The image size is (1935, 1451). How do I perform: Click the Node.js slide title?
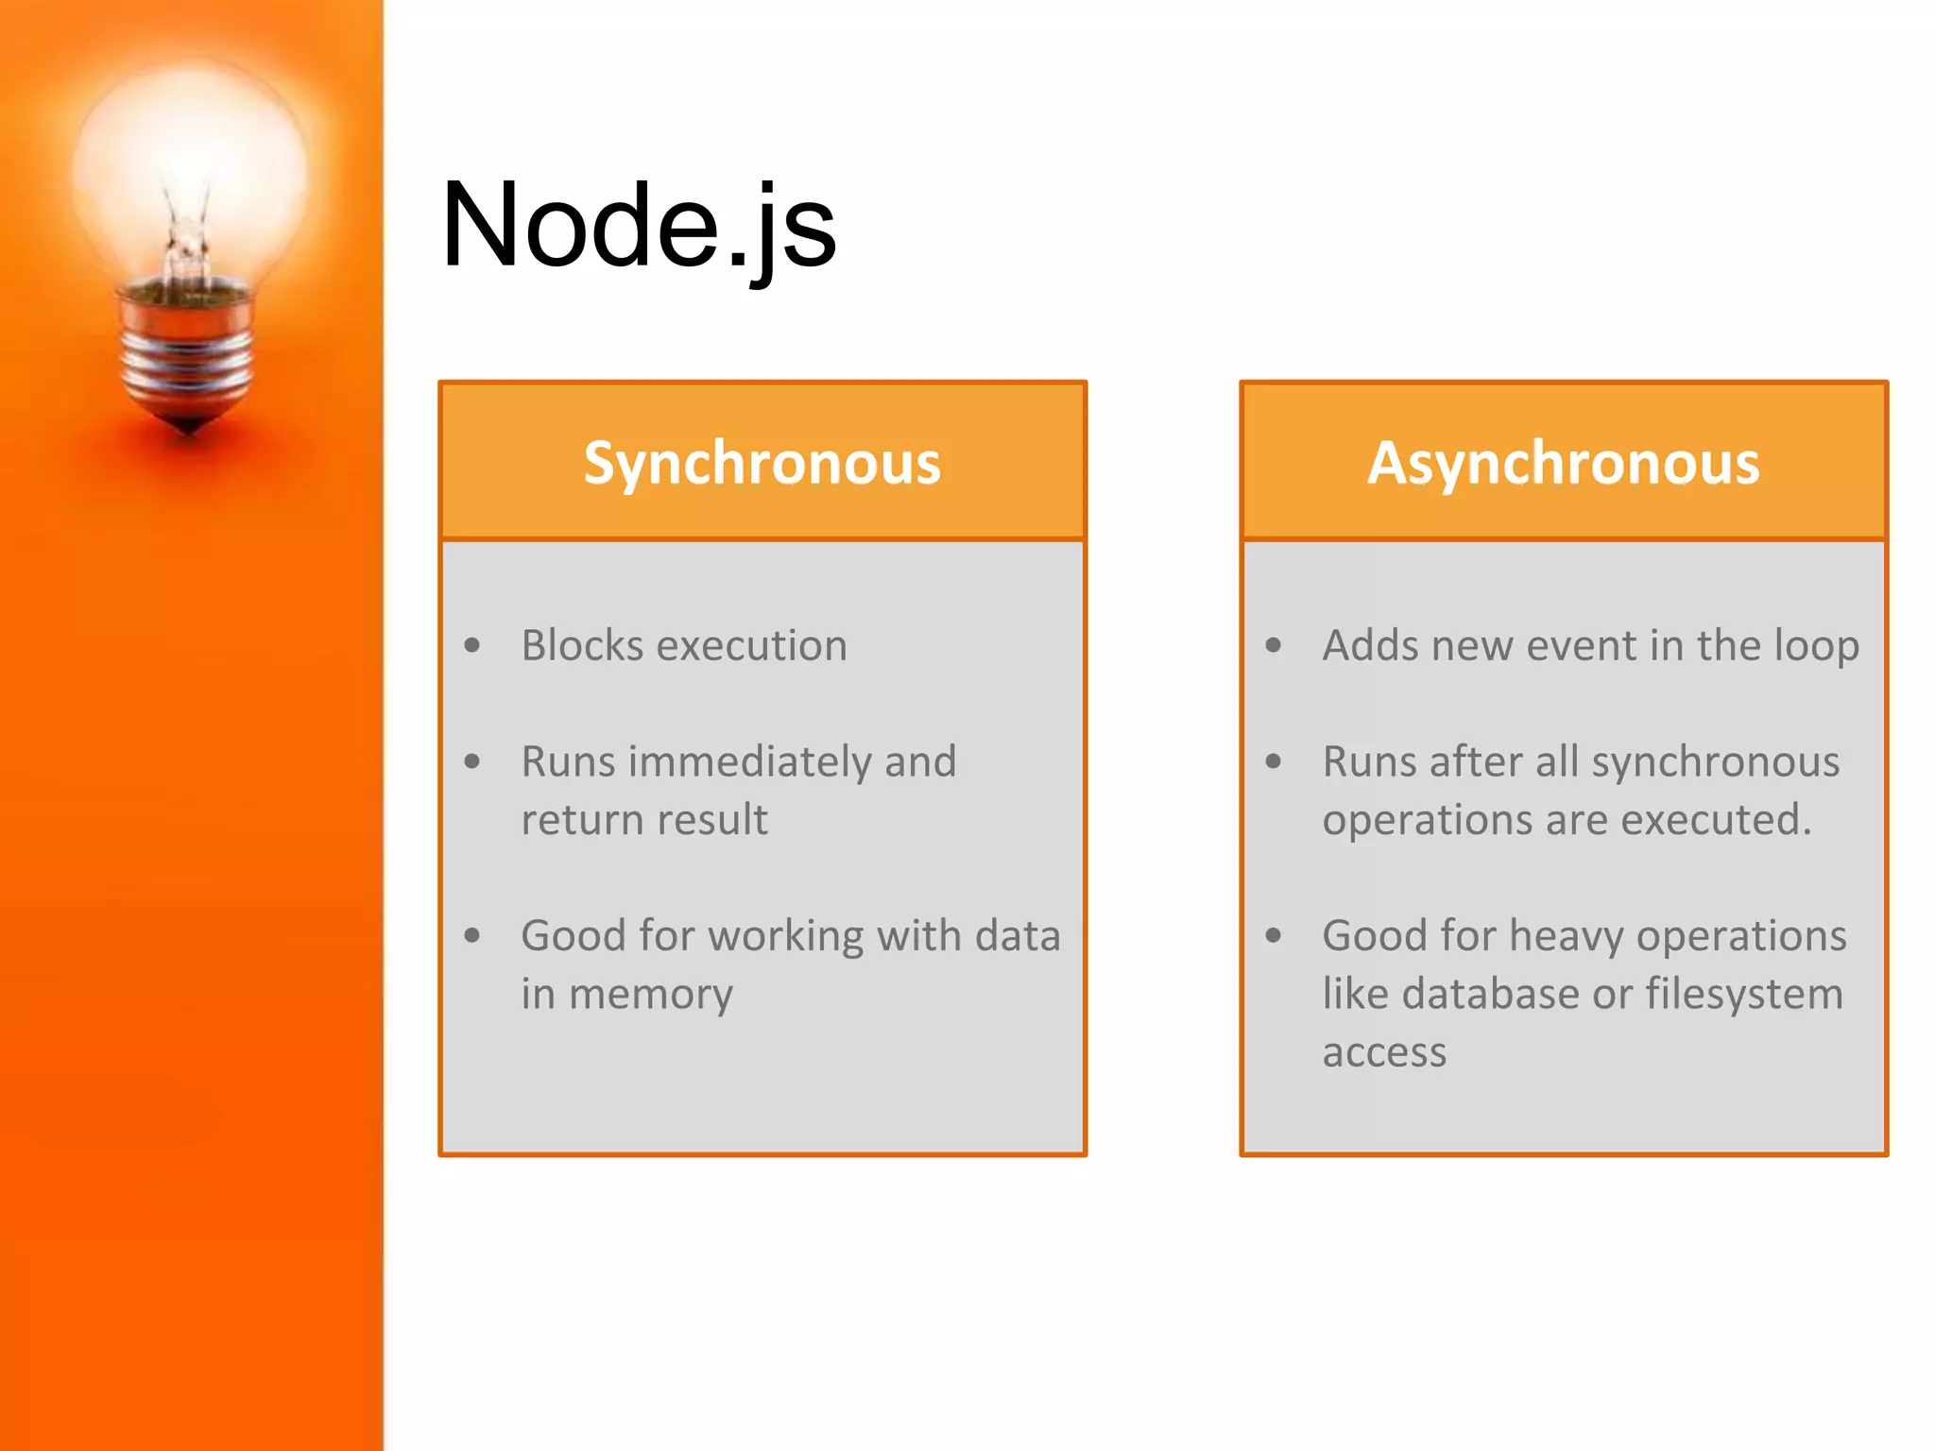638,227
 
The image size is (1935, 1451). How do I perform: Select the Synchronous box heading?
762,463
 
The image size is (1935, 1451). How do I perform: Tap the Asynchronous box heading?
1564,463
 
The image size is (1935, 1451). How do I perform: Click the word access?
1384,1052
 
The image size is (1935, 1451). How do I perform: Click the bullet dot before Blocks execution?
472,646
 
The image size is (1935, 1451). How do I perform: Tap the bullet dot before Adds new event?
1274,646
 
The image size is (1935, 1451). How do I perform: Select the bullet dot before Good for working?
472,936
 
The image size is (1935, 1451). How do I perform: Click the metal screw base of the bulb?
188,359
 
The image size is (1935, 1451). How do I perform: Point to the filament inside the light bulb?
186,236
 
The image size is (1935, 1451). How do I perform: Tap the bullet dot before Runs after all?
1274,761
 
